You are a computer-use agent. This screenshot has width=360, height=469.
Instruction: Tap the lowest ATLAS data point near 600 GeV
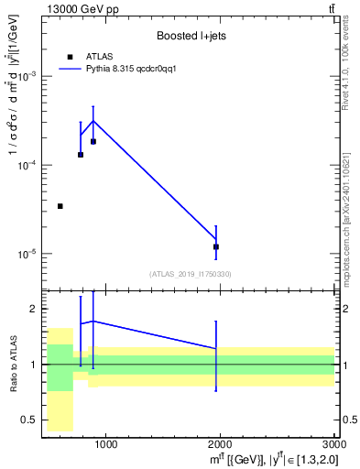60,206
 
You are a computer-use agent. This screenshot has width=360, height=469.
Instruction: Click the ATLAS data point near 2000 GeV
216,246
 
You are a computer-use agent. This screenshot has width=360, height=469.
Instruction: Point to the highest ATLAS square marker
93,141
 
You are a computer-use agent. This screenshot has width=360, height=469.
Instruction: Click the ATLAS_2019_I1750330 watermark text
190,274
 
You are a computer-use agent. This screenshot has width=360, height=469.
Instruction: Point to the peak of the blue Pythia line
93,121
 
